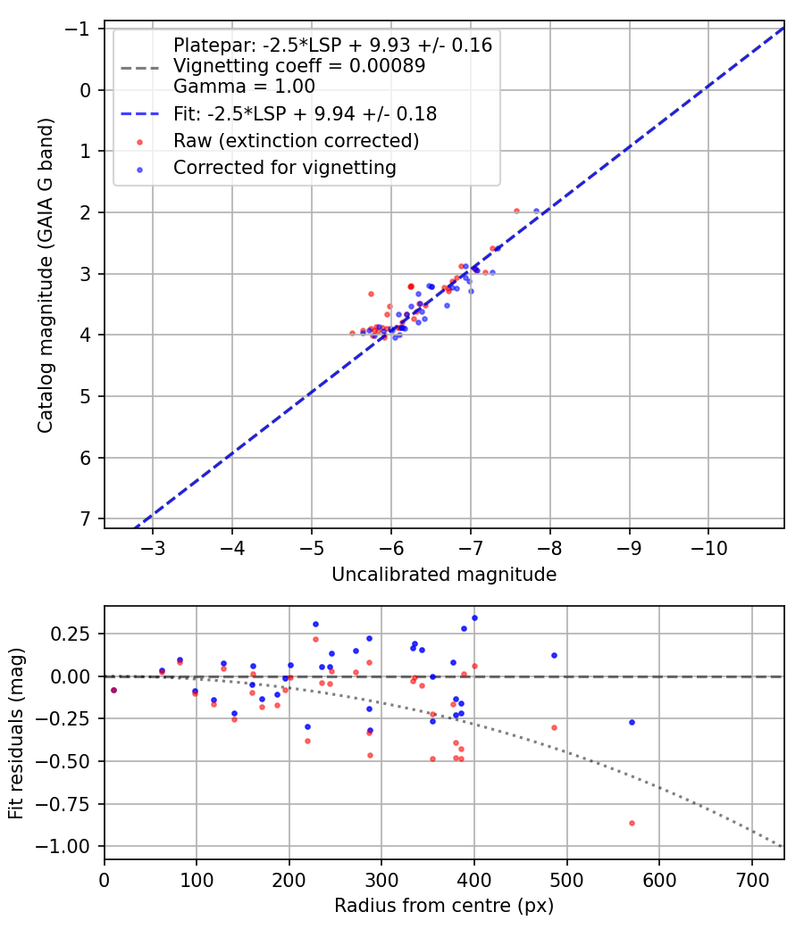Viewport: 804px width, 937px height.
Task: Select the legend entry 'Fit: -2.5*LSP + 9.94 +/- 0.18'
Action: click(305, 113)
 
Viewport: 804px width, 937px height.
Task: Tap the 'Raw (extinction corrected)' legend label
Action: click(296, 141)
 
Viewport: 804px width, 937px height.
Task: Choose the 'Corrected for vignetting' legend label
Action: click(284, 168)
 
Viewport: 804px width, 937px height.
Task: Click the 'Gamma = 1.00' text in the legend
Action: click(244, 87)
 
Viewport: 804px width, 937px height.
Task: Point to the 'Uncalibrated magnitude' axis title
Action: click(444, 575)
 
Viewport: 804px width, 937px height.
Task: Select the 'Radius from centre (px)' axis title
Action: click(444, 906)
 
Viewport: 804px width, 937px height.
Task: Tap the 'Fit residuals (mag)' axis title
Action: click(16, 733)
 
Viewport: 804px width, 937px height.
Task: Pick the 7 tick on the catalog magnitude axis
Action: click(87, 519)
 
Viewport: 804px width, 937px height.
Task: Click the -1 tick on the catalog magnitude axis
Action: click(80, 29)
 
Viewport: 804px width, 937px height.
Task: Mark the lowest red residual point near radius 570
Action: click(632, 823)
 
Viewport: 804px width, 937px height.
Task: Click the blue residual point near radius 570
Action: click(632, 722)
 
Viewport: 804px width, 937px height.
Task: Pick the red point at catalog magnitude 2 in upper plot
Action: click(516, 211)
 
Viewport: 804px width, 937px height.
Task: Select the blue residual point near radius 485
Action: click(554, 655)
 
